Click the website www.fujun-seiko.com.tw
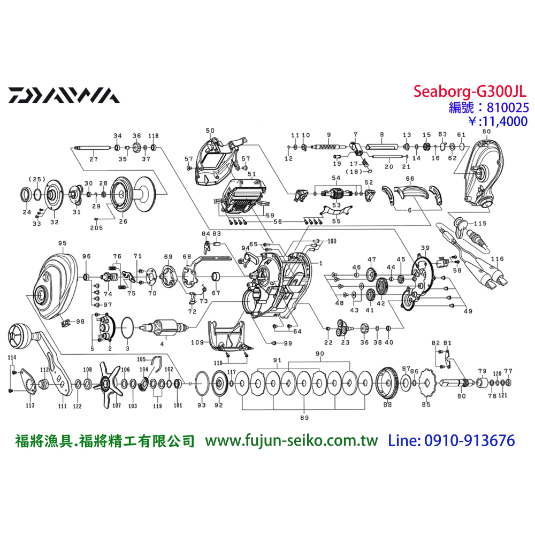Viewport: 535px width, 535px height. point(292,441)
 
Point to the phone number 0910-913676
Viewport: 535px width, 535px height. point(469,441)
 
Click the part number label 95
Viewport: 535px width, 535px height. point(62,243)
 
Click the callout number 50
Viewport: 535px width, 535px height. point(210,131)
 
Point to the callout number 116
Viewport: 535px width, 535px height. point(498,259)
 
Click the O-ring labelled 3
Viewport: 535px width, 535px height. point(128,326)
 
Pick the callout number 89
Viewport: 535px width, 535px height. point(304,417)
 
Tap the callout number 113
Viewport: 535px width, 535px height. point(29,406)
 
